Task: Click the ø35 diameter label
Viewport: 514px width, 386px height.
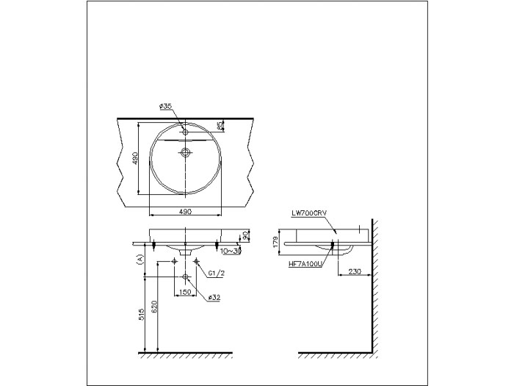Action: (x=165, y=106)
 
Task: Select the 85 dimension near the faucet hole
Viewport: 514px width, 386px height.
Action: (x=220, y=126)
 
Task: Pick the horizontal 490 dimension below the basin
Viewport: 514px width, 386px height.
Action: (x=185, y=212)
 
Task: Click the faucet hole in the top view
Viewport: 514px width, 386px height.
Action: (x=185, y=132)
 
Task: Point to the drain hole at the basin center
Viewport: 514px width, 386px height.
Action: (x=185, y=154)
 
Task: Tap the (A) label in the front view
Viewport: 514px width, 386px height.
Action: (x=138, y=259)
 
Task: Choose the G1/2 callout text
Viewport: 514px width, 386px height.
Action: (x=215, y=274)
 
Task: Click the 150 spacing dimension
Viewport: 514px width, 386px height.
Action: (x=185, y=292)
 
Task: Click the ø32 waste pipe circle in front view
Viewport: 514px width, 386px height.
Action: (x=185, y=276)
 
